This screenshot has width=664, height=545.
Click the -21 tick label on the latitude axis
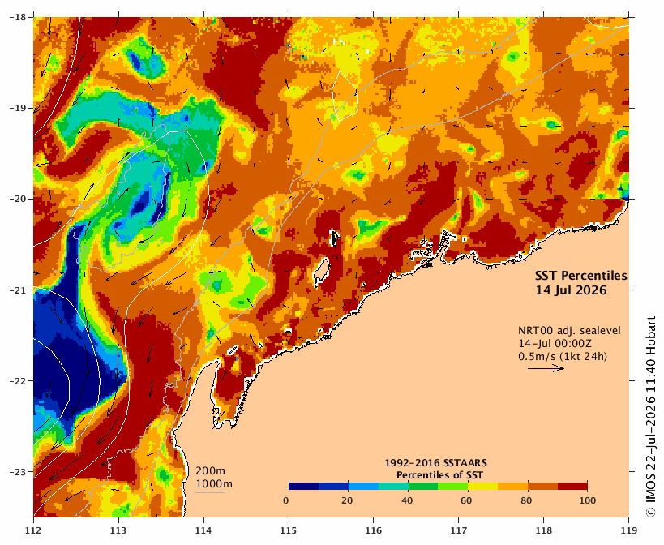point(18,290)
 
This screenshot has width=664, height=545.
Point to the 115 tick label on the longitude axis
point(289,530)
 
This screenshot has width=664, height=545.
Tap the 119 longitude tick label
point(629,530)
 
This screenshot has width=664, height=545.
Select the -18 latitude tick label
point(18,17)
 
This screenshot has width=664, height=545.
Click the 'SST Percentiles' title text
point(581,276)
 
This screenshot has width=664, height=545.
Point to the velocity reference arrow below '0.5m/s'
point(546,368)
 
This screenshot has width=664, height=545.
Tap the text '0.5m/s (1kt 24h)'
point(563,357)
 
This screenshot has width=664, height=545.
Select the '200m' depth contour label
point(211,471)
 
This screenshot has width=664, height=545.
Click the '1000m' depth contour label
point(214,484)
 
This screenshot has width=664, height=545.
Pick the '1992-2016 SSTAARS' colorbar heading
point(435,463)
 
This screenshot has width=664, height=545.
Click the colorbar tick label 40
point(407,500)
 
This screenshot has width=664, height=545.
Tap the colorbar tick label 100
point(587,500)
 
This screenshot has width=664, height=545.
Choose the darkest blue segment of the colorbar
point(304,486)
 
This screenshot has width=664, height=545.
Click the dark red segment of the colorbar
point(572,486)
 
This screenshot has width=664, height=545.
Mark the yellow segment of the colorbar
point(482,486)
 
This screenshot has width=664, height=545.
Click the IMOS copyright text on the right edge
point(651,416)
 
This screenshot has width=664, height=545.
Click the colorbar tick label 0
point(287,500)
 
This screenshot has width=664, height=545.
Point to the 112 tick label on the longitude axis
point(33,530)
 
